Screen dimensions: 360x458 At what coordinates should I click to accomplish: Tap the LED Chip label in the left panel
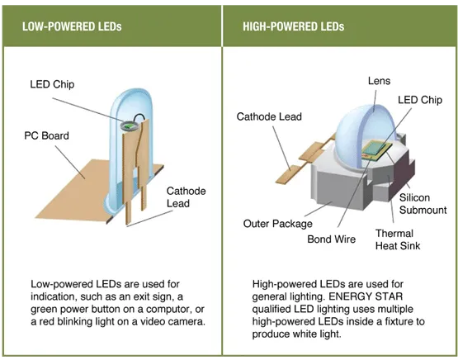point(51,83)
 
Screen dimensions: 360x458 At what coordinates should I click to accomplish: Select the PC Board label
point(46,135)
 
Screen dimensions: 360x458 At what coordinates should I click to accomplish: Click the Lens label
point(379,81)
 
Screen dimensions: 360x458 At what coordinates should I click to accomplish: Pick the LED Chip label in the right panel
point(419,100)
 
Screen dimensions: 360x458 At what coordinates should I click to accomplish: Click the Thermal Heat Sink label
point(394,239)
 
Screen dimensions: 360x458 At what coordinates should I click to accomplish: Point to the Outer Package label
point(278,224)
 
